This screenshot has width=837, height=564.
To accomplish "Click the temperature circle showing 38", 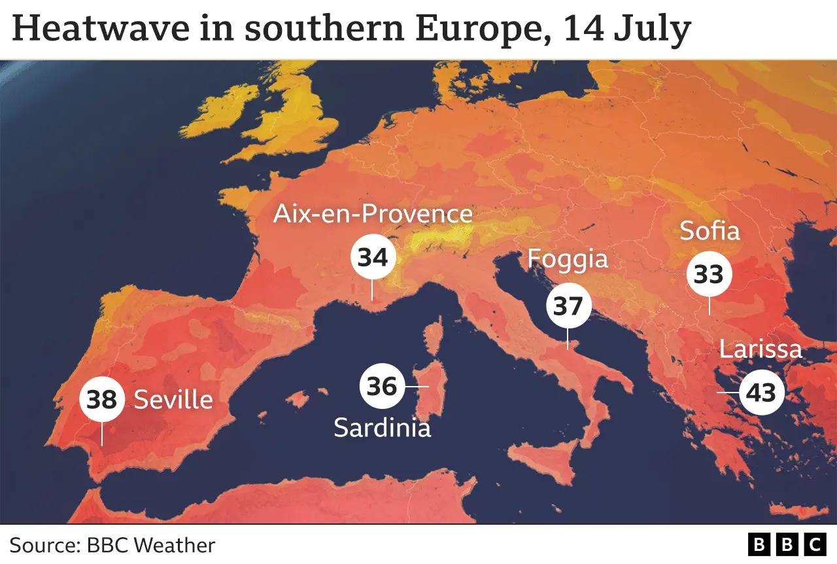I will (x=101, y=398).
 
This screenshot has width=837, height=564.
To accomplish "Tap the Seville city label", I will (x=173, y=400).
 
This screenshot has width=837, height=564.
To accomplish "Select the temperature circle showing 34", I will (x=373, y=258).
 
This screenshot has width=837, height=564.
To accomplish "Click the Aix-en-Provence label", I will (x=373, y=214).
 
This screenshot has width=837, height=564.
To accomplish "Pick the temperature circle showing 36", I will (x=382, y=386).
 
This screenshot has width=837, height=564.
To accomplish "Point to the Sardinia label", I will (x=383, y=427).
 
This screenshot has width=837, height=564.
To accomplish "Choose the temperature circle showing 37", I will (x=568, y=306).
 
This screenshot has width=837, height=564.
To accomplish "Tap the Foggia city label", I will (x=568, y=259).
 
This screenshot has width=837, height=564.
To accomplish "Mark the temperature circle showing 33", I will (x=709, y=275).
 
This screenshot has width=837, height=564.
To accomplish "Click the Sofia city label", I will (x=709, y=231).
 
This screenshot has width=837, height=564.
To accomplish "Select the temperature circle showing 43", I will (x=762, y=393).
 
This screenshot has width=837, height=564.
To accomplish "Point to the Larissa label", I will (x=760, y=349).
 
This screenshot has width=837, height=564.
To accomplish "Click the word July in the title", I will (x=651, y=29).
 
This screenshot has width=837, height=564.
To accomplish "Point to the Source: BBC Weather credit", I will (x=112, y=545).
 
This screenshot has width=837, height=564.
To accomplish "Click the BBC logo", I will (x=787, y=544).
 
